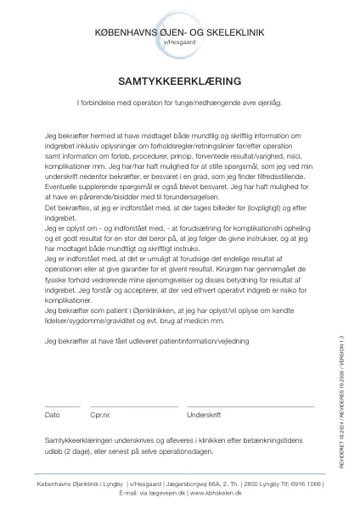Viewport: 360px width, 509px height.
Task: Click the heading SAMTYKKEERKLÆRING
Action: point(179,81)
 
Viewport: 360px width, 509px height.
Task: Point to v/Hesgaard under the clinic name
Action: point(179,41)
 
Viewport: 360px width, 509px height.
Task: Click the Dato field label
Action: point(52,415)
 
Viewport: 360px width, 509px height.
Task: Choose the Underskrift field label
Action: point(204,415)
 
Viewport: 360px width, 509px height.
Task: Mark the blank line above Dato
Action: point(61,406)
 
